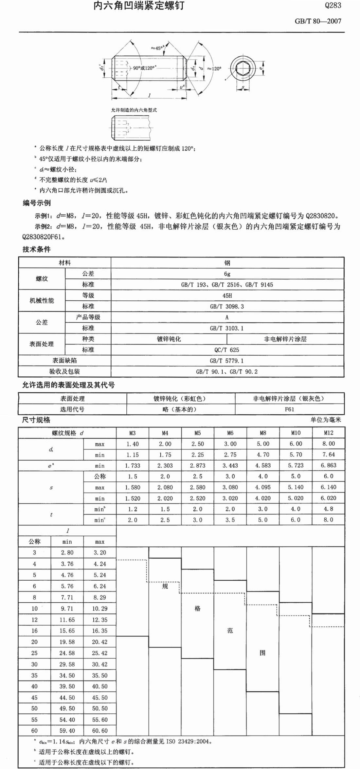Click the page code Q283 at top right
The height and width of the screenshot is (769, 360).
(x=333, y=5)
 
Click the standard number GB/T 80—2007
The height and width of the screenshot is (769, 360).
(x=318, y=21)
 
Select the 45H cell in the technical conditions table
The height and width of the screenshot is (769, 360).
(x=227, y=295)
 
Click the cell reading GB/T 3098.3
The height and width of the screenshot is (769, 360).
(x=227, y=307)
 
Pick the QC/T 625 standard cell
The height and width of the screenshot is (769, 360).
(x=227, y=350)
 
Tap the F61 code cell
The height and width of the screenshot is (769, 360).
(x=289, y=409)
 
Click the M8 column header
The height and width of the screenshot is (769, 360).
(x=263, y=433)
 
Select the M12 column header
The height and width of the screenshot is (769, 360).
(x=328, y=433)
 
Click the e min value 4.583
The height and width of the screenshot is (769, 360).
(x=263, y=465)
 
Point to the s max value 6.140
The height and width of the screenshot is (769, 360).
(x=328, y=487)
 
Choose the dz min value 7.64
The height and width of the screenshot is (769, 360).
(x=328, y=455)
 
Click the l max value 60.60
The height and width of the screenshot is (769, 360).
(x=100, y=731)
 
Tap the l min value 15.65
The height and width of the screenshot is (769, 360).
(x=67, y=631)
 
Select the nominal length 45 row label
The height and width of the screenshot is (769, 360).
(x=34, y=698)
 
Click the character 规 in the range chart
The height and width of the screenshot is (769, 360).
(x=165, y=586)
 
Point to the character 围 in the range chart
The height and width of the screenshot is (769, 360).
(x=262, y=653)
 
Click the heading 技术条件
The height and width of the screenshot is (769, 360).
(x=36, y=249)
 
